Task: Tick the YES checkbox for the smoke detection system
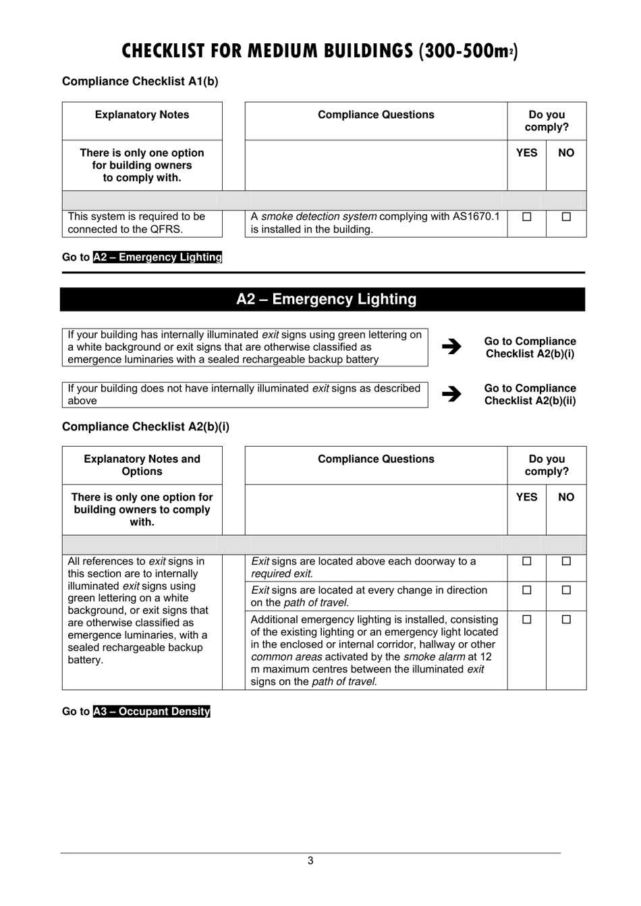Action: [x=526, y=217]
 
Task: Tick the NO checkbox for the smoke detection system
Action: [x=566, y=217]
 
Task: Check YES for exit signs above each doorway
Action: [x=526, y=561]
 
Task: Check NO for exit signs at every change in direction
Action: [x=566, y=590]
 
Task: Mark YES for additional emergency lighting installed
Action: [x=526, y=619]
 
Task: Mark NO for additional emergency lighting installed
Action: [x=566, y=619]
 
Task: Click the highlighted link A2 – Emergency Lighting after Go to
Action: [x=157, y=257]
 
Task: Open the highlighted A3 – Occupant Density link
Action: [x=152, y=712]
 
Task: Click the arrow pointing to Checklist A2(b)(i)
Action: [x=451, y=347]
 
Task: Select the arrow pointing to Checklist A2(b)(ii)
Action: [x=451, y=394]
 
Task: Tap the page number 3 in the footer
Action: [x=310, y=861]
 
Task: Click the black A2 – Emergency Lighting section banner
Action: [x=323, y=300]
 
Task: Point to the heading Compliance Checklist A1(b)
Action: [x=140, y=82]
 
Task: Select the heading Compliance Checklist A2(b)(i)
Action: [x=146, y=427]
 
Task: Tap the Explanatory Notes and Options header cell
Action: [x=142, y=465]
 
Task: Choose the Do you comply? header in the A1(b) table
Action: [x=547, y=121]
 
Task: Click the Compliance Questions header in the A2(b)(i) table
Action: [x=376, y=459]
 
